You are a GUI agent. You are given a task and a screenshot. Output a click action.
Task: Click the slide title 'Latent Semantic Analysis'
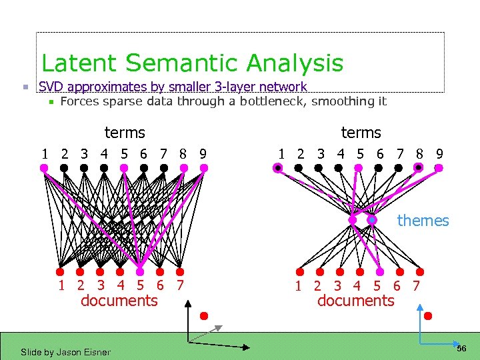point(192,63)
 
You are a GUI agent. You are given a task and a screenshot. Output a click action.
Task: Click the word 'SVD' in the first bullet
point(52,87)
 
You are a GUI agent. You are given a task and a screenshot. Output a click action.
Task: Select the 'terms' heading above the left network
point(125,133)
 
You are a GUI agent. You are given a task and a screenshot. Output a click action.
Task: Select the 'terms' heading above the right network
point(361,133)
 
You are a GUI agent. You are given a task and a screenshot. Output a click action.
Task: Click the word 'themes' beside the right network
point(423,221)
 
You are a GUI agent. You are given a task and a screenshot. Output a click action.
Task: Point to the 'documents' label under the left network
point(119,301)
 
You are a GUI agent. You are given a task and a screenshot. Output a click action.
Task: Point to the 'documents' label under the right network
point(355,301)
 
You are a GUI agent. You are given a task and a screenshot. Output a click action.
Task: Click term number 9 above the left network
point(202,154)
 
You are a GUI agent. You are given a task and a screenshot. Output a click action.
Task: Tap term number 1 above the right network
point(281,154)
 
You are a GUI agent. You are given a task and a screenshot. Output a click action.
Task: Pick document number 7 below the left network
point(179,286)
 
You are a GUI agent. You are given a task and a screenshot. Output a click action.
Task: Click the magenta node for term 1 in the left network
point(44,168)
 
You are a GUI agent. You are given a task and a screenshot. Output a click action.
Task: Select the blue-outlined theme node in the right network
point(372,219)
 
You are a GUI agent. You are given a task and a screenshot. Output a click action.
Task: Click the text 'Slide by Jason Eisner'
point(65,352)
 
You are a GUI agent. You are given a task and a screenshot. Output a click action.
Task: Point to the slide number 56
point(462,349)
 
